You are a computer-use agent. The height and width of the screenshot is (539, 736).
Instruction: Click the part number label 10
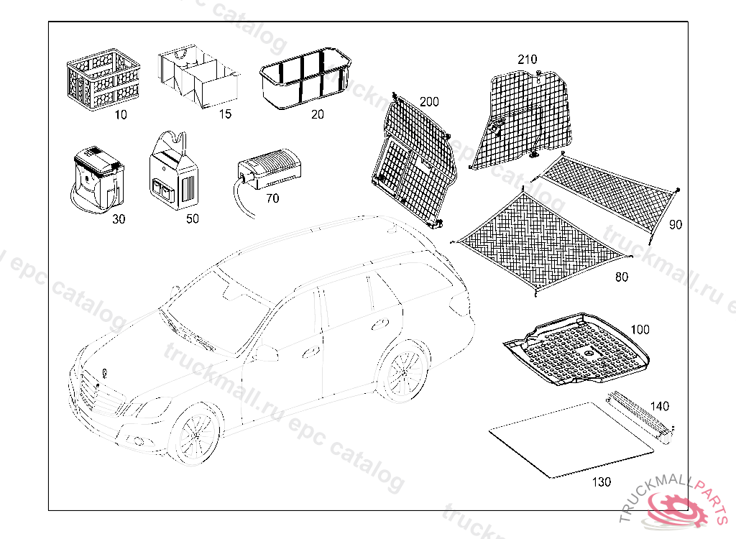point(121,115)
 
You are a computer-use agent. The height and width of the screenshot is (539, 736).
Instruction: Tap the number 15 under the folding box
point(226,115)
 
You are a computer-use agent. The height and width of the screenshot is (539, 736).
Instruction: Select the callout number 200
point(429,102)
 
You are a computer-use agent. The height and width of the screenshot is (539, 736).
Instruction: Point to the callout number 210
point(527,60)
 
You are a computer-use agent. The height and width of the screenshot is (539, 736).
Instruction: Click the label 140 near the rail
point(659,406)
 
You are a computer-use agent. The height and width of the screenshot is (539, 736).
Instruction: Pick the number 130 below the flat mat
point(602,482)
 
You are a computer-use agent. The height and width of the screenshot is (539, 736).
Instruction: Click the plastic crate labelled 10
point(102,78)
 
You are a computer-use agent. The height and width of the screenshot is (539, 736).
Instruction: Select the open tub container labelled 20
point(304,79)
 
